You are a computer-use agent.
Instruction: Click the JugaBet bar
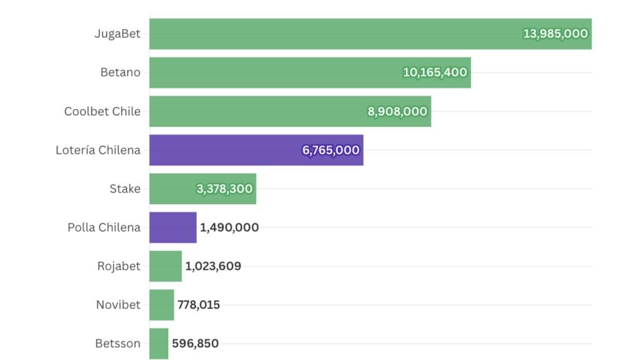[x=331, y=34]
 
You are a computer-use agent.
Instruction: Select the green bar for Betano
[x=276, y=72]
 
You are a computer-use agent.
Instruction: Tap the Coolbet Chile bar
[x=255, y=111]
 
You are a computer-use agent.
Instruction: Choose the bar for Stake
[x=172, y=188]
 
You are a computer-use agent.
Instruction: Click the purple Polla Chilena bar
[x=172, y=227]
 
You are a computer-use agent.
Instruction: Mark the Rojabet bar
[x=166, y=266]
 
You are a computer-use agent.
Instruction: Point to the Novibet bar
[x=161, y=305]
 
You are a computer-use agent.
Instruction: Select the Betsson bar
[x=159, y=343]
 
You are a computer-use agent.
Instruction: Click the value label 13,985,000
[x=555, y=34]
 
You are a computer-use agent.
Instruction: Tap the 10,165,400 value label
[x=434, y=72]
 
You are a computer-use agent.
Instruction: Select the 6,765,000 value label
[x=330, y=150]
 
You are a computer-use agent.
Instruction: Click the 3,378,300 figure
[x=224, y=188]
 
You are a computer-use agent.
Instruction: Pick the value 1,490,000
[x=229, y=228]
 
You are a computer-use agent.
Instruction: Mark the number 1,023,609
[x=213, y=266]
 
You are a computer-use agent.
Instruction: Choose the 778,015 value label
[x=199, y=305]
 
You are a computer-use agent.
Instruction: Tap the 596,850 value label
[x=195, y=343]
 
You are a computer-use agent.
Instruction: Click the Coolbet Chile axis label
[x=102, y=111]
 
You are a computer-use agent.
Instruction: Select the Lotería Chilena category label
[x=98, y=150]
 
